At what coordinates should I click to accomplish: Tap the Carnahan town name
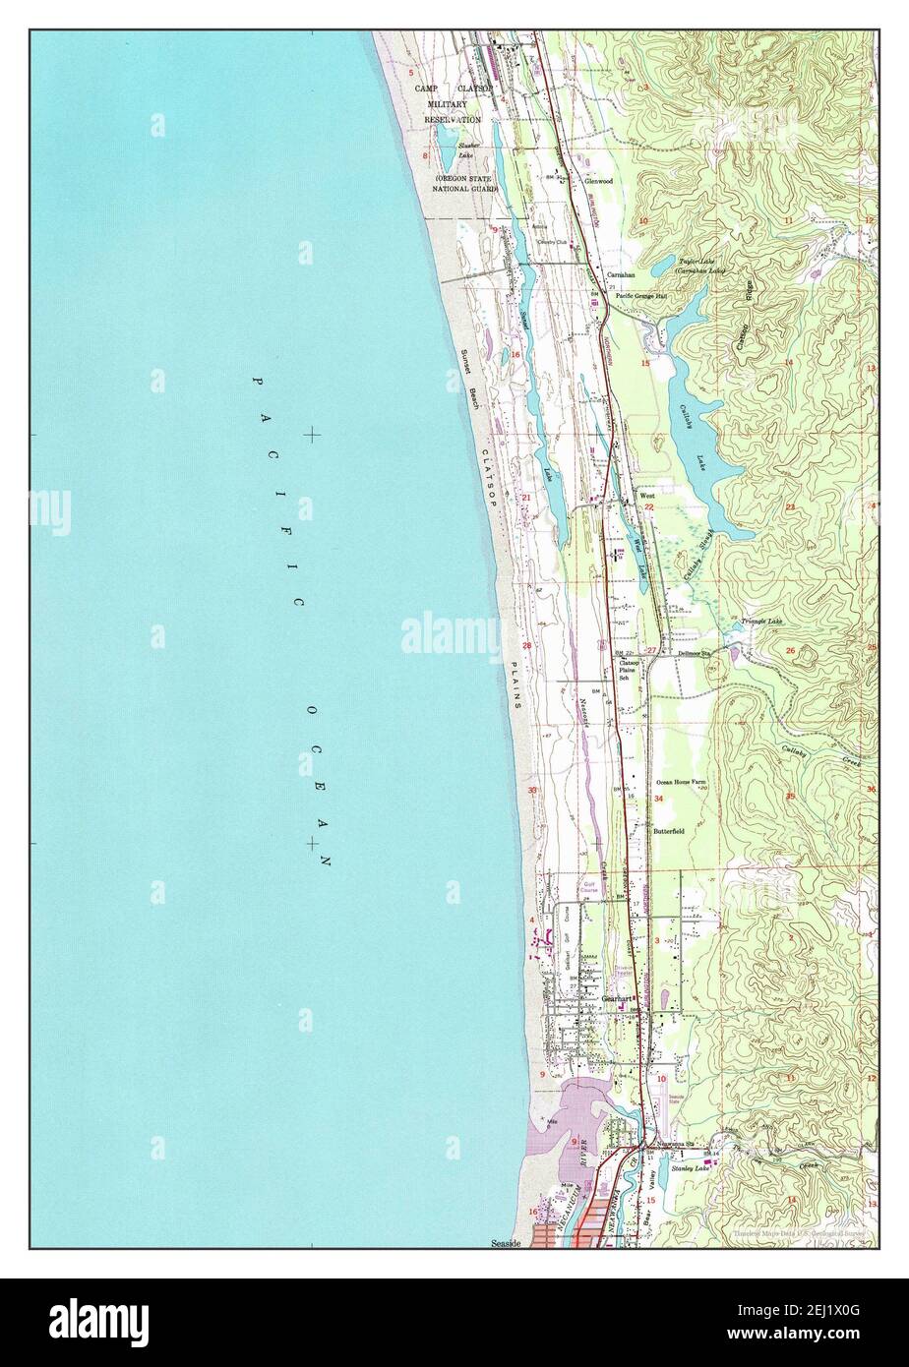click(x=621, y=274)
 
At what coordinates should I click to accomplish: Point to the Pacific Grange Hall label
click(x=642, y=294)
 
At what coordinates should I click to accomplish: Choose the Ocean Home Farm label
click(x=681, y=783)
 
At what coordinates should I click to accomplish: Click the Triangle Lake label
click(x=761, y=622)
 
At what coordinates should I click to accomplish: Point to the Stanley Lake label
click(x=690, y=1168)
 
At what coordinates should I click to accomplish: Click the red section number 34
click(x=658, y=799)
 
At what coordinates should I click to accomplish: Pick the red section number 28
click(x=527, y=646)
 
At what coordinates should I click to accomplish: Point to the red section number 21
click(x=526, y=498)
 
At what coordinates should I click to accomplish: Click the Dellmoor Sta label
click(x=694, y=653)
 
